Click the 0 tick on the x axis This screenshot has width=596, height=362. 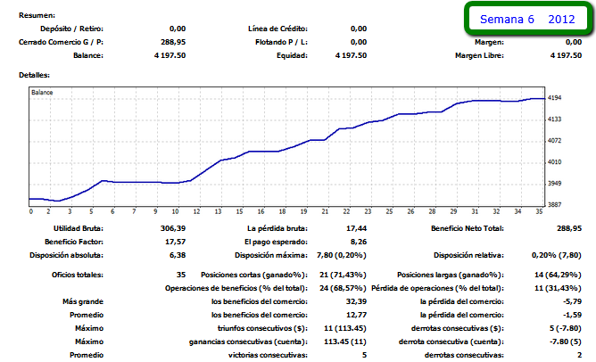click(x=30, y=212)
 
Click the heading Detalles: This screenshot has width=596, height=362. click(x=35, y=75)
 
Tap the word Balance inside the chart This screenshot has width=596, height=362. click(x=42, y=92)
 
